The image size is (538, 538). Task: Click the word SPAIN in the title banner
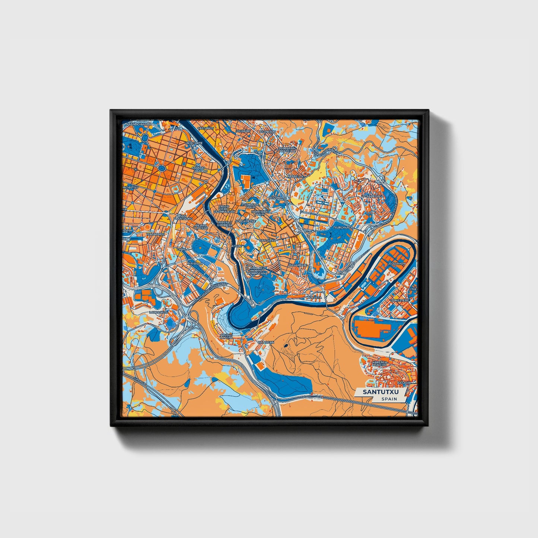[389, 399]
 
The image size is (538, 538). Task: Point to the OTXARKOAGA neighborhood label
[372, 195]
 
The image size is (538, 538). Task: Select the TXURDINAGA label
[343, 227]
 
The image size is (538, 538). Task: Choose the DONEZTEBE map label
[400, 300]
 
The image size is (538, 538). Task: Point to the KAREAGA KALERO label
[380, 363]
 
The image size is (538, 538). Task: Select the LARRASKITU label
[158, 312]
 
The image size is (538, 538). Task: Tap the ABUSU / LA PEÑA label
[226, 336]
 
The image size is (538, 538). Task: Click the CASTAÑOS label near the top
[206, 128]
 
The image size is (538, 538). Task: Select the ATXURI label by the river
[236, 246]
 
